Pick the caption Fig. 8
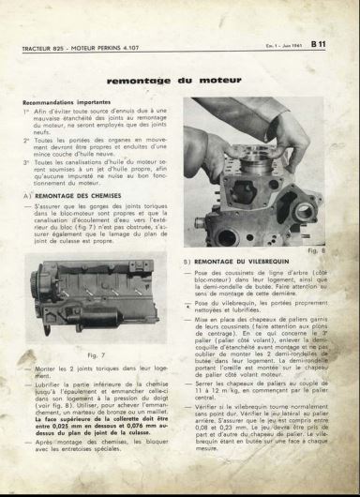pyautogui.click(x=316, y=250)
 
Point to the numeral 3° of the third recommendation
pyautogui.click(x=26, y=160)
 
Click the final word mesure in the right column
pyautogui.click(x=212, y=447)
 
